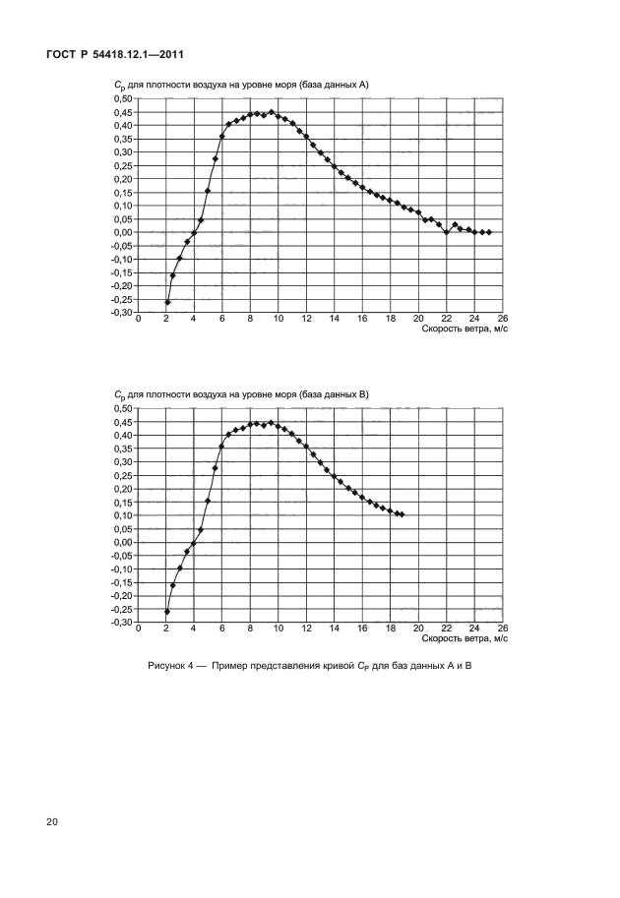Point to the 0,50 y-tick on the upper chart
click(122, 98)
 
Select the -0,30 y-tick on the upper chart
click(120, 313)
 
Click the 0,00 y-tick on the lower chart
click(122, 542)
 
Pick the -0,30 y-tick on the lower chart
click(120, 623)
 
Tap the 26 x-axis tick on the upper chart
click(502, 320)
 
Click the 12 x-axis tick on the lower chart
click(306, 629)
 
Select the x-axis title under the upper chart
click(465, 329)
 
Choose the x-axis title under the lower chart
click(465, 638)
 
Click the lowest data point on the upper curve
click(166, 302)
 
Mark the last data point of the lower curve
click(402, 514)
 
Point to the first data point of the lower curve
click(166, 612)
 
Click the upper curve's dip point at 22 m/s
click(446, 232)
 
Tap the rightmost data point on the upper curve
click(488, 232)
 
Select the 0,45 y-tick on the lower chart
click(122, 422)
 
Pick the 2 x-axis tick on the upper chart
click(166, 320)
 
